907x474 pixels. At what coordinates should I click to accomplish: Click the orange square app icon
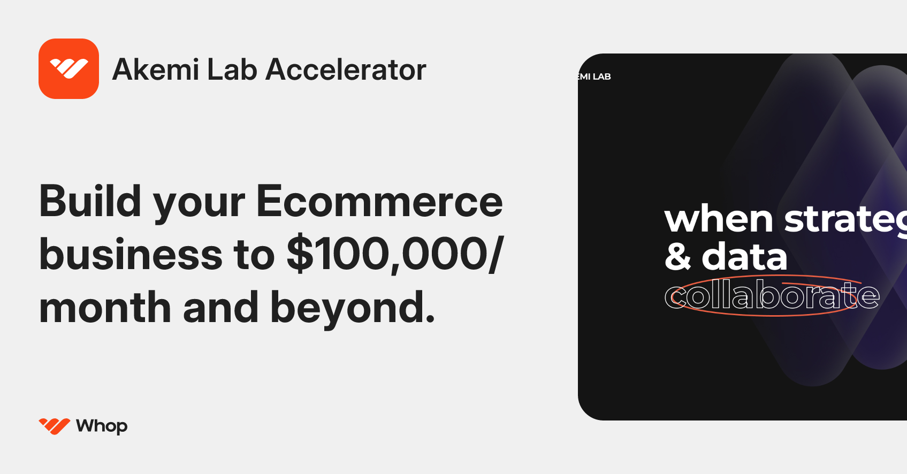[x=68, y=68]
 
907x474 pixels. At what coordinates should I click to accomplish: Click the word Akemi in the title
[x=156, y=70]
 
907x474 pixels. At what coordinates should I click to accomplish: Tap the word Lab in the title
[x=232, y=70]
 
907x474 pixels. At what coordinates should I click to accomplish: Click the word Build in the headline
[x=90, y=202]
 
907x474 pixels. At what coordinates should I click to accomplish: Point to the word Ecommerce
[x=379, y=202]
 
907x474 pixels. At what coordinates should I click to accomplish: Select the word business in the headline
[x=131, y=255]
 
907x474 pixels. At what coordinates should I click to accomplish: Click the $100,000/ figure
[x=395, y=255]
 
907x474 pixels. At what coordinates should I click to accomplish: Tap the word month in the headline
[x=105, y=308]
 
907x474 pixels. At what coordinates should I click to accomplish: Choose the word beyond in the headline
[x=353, y=308]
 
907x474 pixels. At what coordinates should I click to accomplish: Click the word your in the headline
[x=199, y=206]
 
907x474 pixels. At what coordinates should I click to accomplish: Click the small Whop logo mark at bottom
[x=54, y=426]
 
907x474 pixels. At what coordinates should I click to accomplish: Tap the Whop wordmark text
[x=102, y=426]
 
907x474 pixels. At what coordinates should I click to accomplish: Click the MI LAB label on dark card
[x=594, y=77]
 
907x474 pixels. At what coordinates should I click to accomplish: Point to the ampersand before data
[x=678, y=257]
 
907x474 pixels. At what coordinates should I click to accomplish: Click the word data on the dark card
[x=744, y=257]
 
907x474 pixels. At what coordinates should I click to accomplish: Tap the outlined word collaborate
[x=772, y=296]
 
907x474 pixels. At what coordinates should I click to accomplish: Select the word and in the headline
[x=220, y=308]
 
